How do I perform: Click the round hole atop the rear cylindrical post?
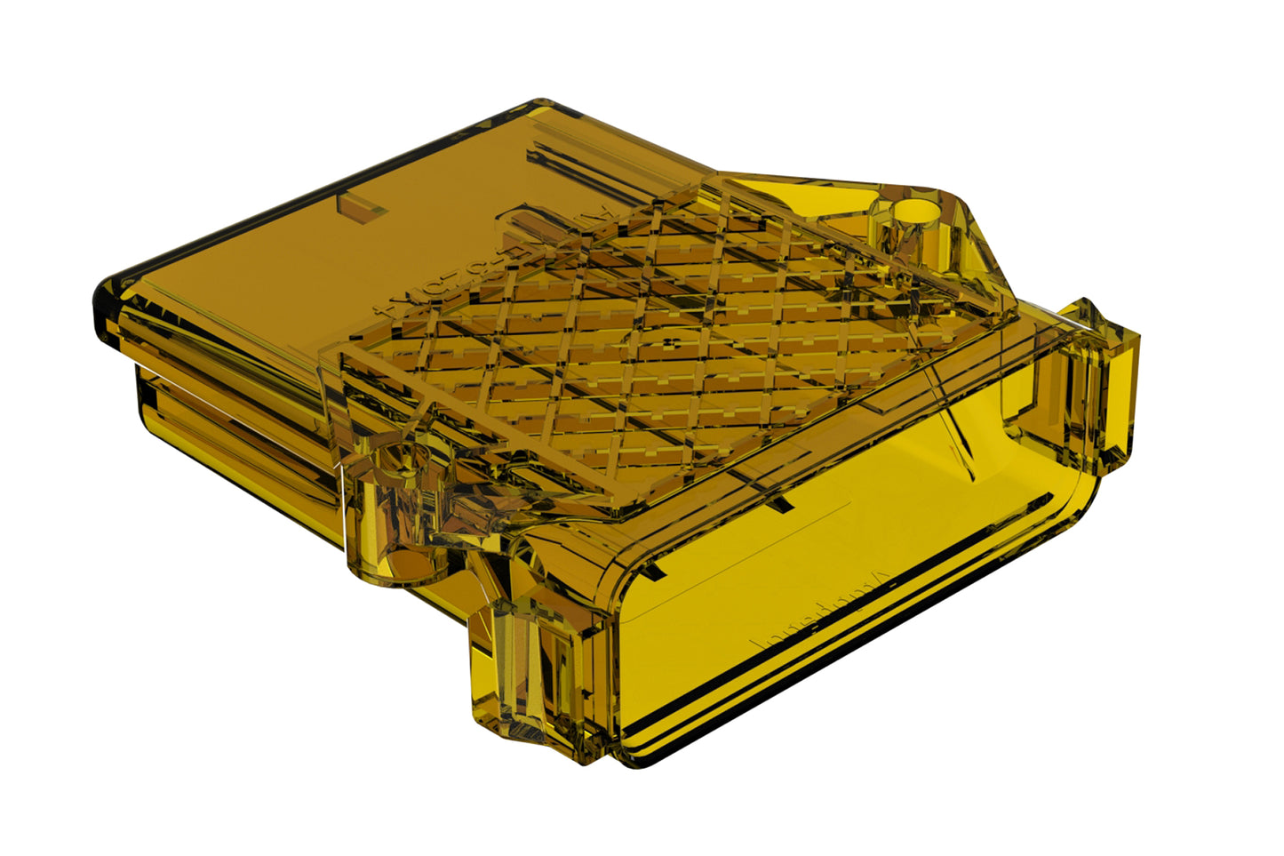tap(914, 212)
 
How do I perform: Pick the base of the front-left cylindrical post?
tap(395, 569)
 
